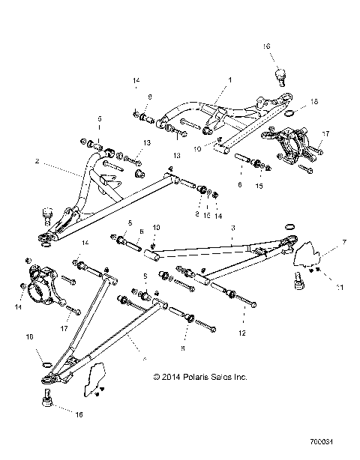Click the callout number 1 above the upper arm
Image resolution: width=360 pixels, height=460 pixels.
coord(230,79)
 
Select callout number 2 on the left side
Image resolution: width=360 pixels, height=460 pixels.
coord(36,162)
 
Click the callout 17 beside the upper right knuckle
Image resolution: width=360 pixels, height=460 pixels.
coord(325,135)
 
